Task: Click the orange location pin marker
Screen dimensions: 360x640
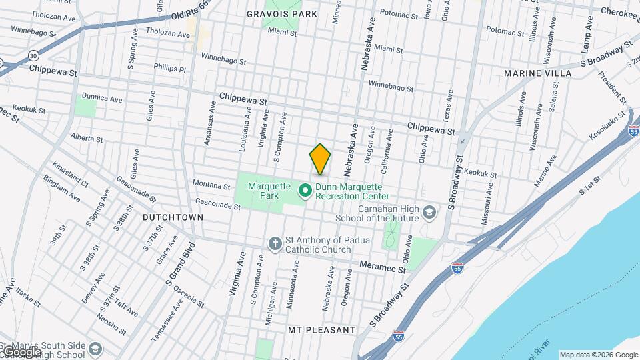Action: point(320,159)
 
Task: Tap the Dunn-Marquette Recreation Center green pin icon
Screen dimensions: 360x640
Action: point(305,191)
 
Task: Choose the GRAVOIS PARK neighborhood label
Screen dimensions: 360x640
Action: point(281,13)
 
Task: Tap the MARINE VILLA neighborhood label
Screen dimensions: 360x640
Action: point(537,73)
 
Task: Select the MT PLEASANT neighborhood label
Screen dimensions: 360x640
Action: point(321,330)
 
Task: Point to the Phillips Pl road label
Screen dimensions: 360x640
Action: point(169,69)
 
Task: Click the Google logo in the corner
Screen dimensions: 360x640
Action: point(21,351)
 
